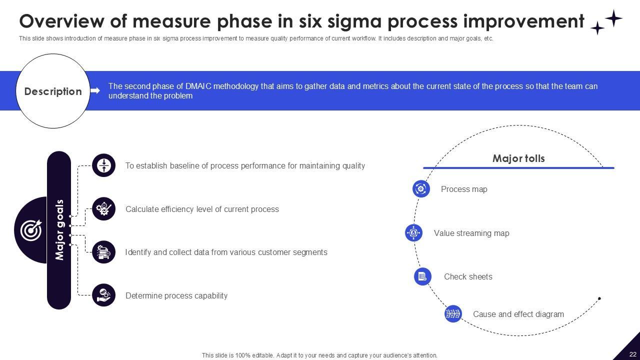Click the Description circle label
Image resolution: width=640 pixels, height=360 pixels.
point(53,91)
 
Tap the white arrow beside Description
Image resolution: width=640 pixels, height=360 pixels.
point(95,91)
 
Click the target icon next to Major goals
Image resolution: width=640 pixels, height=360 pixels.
point(31,230)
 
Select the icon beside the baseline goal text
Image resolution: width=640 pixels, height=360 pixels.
point(104,165)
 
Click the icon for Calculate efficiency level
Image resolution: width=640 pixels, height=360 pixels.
point(104,209)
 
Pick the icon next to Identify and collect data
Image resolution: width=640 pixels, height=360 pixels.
point(104,252)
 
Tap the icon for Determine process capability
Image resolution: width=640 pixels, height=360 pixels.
point(104,295)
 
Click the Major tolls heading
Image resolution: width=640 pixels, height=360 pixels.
point(518,158)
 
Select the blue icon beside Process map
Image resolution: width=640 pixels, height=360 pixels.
point(421,188)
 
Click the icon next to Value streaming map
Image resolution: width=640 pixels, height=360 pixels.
point(413,232)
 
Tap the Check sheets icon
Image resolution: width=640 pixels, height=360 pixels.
point(422,276)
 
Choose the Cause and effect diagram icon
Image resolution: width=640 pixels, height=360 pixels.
point(453,313)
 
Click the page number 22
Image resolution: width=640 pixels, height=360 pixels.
point(632,354)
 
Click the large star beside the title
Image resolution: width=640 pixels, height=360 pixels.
point(613,18)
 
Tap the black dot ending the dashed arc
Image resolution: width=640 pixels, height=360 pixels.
point(599,298)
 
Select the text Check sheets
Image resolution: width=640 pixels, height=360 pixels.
point(468,276)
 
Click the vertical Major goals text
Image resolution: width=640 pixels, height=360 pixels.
point(60,230)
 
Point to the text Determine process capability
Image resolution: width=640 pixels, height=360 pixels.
point(176,295)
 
